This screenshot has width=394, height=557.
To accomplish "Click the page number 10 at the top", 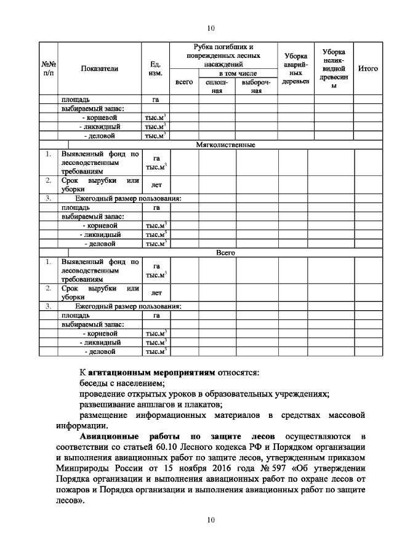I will (x=211, y=28).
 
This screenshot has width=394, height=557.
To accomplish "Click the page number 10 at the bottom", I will (x=211, y=520).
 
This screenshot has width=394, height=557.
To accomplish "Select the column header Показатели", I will (x=99, y=69).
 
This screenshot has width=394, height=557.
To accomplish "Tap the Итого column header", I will (x=368, y=69).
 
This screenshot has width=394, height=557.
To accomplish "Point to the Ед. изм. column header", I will (x=156, y=69).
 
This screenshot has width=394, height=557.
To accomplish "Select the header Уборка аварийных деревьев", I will (x=295, y=69).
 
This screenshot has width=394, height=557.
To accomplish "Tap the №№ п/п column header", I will (x=49, y=69).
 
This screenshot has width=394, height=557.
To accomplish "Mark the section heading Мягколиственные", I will (x=225, y=145).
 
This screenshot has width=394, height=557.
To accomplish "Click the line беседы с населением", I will (x=118, y=383).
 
